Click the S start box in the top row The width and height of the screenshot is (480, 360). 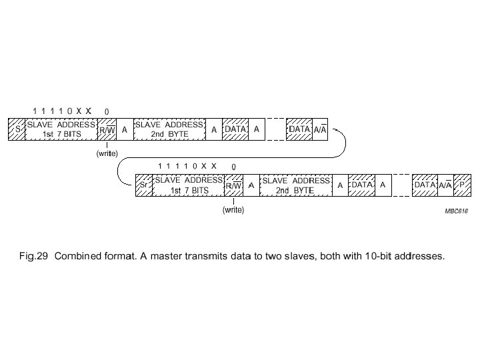[17, 129]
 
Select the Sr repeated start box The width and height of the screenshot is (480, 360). [144, 185]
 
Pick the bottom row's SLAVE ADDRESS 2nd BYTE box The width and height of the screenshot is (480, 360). [295, 185]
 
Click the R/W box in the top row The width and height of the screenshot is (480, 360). [107, 129]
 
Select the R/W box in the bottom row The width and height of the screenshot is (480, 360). [233, 185]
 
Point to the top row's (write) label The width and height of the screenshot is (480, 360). [107, 153]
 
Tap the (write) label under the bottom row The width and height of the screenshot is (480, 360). [233, 210]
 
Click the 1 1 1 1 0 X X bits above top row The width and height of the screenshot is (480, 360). [61, 110]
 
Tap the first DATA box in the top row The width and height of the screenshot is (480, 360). [235, 129]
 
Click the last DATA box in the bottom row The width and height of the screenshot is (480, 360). [425, 185]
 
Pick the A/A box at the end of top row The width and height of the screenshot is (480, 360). [320, 129]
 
